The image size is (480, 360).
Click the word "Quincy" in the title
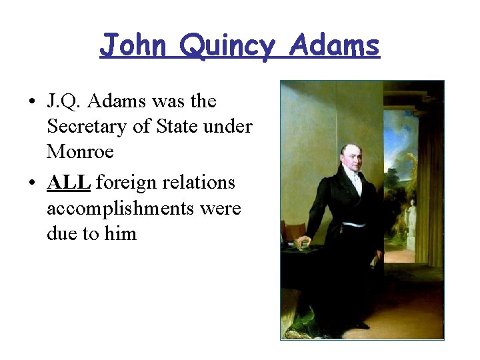(x=227, y=47)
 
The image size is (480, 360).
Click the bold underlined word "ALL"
(x=69, y=183)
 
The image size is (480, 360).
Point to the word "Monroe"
(x=80, y=152)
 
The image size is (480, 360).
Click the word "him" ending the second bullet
(x=121, y=233)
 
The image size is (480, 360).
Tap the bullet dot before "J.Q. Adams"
(x=31, y=102)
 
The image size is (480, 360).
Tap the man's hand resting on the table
(x=303, y=241)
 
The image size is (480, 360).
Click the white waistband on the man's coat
(x=354, y=224)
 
